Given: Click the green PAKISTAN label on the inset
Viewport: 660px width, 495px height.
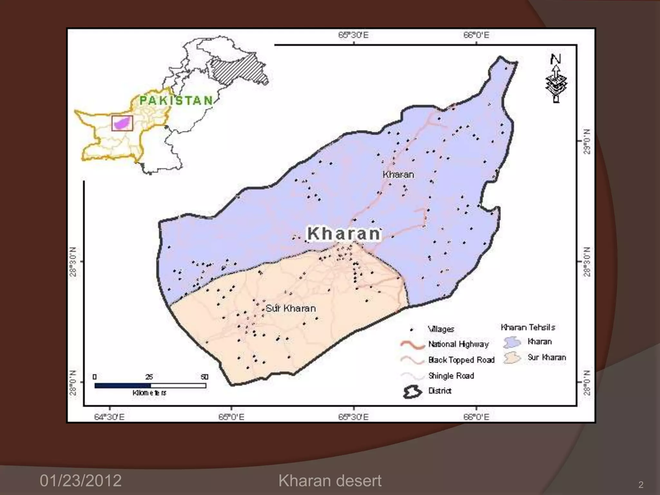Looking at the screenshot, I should pyautogui.click(x=176, y=101).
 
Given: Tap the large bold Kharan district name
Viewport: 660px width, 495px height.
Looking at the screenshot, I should pyautogui.click(x=344, y=234).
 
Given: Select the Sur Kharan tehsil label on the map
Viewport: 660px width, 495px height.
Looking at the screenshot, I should pyautogui.click(x=291, y=308).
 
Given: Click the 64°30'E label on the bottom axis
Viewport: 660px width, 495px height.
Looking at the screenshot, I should pyautogui.click(x=109, y=417).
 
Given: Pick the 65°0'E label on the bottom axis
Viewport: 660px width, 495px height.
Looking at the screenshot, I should pyautogui.click(x=231, y=417).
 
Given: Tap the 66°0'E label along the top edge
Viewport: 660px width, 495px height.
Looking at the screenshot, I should pyautogui.click(x=476, y=35).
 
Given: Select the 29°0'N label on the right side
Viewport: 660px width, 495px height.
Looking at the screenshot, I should pyautogui.click(x=587, y=141).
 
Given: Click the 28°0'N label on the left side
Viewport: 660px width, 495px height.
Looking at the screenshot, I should pyautogui.click(x=73, y=383).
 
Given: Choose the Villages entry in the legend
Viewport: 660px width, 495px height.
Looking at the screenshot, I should pyautogui.click(x=441, y=329).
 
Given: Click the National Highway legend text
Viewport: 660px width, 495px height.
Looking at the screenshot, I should pyautogui.click(x=458, y=344).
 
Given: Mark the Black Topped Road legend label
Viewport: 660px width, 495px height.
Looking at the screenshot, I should pyautogui.click(x=461, y=360).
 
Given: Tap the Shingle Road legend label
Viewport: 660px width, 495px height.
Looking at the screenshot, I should pyautogui.click(x=451, y=376).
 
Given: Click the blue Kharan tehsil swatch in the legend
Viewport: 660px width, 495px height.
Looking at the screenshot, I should pyautogui.click(x=512, y=342).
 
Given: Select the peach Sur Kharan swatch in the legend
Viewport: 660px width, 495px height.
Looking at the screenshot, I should pyautogui.click(x=512, y=358).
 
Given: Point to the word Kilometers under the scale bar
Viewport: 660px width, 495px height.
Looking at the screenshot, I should pyautogui.click(x=150, y=393).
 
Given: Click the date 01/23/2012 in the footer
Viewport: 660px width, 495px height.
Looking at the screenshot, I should pyautogui.click(x=81, y=480).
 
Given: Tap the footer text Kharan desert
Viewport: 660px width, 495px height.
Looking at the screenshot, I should pyautogui.click(x=330, y=480).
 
